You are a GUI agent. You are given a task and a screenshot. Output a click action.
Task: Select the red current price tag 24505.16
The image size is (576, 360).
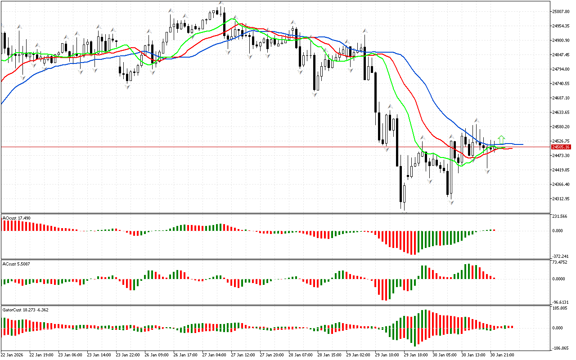click(561, 147)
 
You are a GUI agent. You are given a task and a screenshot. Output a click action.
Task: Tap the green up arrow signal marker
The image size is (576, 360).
click(501, 139)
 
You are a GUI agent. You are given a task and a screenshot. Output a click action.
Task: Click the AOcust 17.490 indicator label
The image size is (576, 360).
click(17, 218)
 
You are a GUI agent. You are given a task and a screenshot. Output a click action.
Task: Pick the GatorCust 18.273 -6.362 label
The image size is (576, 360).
click(26, 310)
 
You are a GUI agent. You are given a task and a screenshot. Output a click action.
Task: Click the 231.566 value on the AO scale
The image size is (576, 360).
click(560, 216)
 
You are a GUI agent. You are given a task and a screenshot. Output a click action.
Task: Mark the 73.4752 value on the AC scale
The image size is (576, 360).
click(560, 262)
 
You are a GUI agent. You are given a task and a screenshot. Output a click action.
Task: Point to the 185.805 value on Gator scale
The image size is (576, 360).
click(560, 308)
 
